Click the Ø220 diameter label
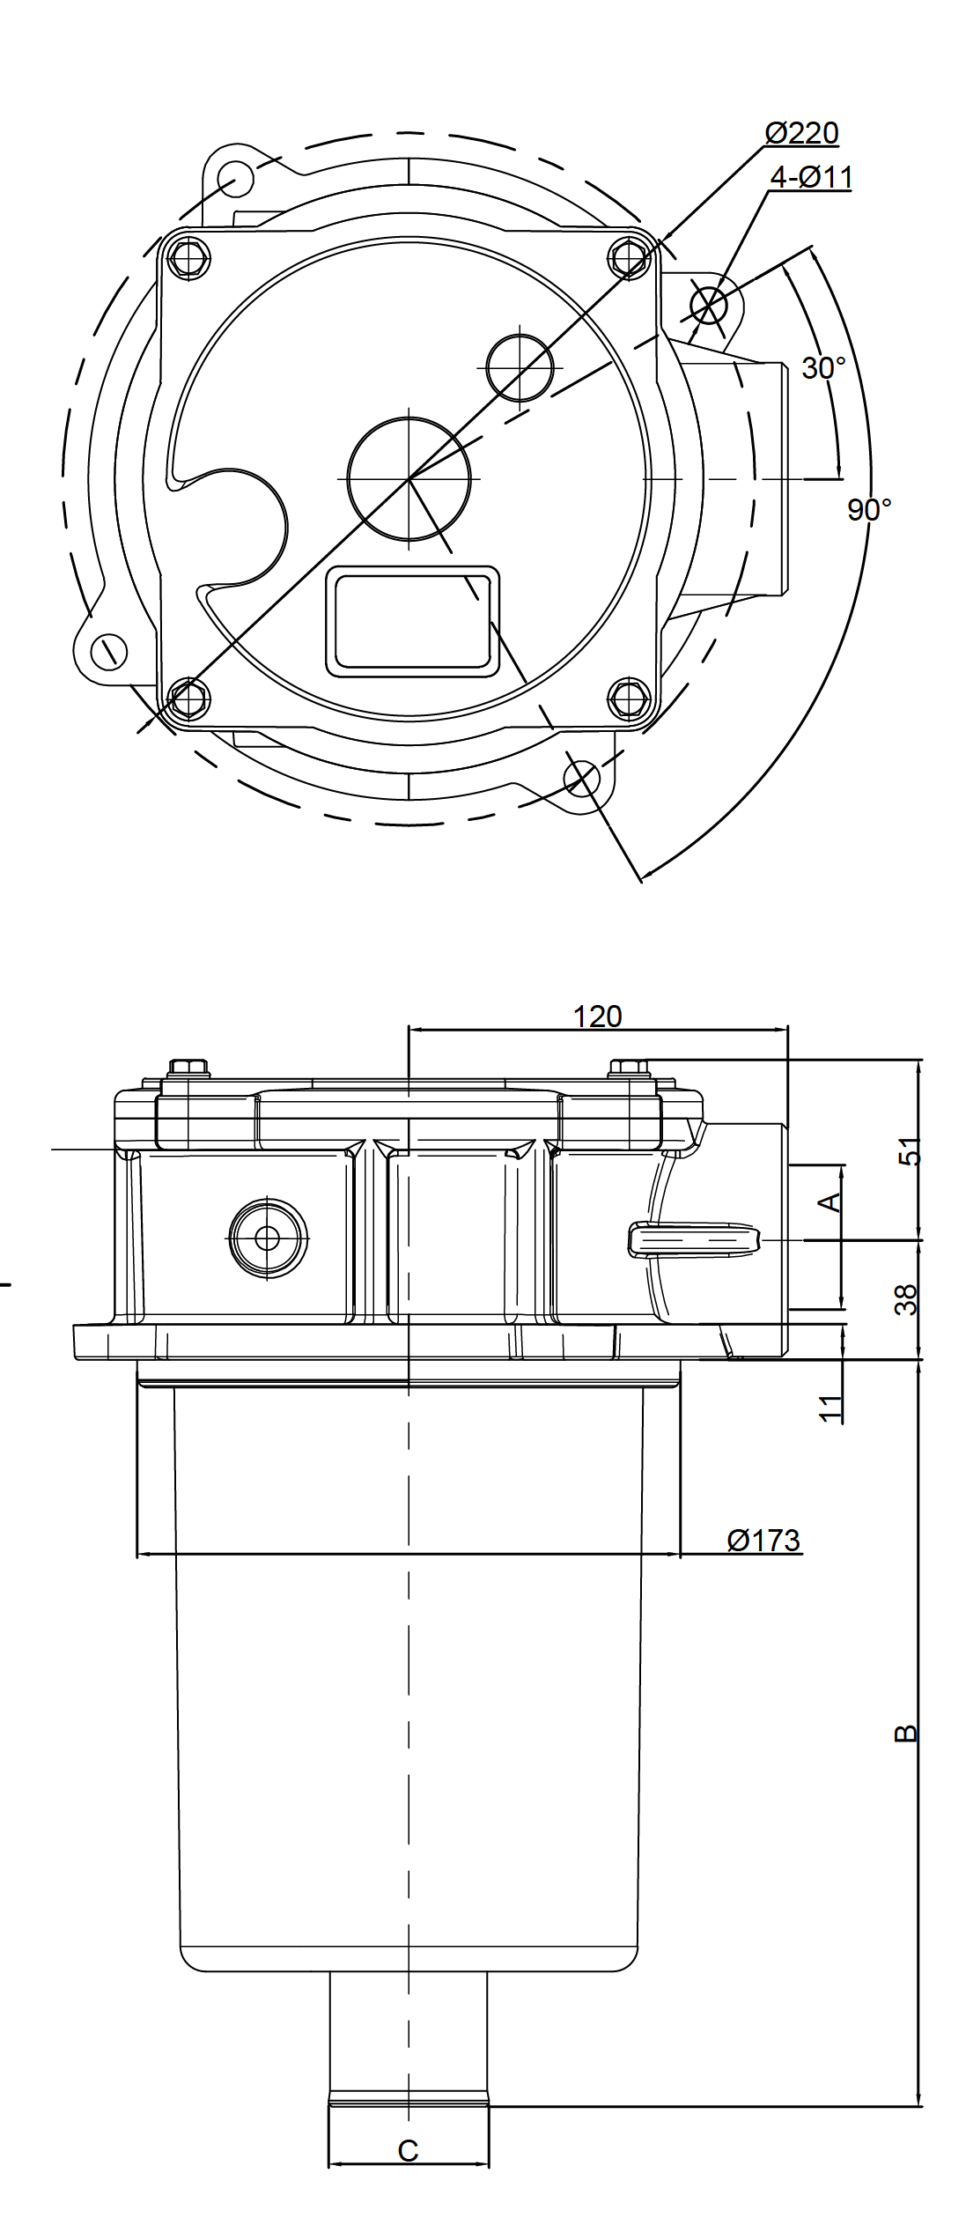(x=801, y=134)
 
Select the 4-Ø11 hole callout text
(x=811, y=178)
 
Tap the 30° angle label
(x=823, y=368)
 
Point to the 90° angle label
(x=869, y=509)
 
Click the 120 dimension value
(x=597, y=1017)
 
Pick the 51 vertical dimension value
(x=908, y=1151)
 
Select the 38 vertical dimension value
(x=906, y=1300)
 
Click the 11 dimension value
(x=830, y=1408)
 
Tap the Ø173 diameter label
(x=763, y=1541)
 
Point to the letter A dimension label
(x=830, y=1201)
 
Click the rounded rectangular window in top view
(x=412, y=622)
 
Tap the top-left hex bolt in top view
(x=188, y=257)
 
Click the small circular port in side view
(x=268, y=1238)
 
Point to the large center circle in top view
(x=409, y=478)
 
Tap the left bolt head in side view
(x=187, y=1067)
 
